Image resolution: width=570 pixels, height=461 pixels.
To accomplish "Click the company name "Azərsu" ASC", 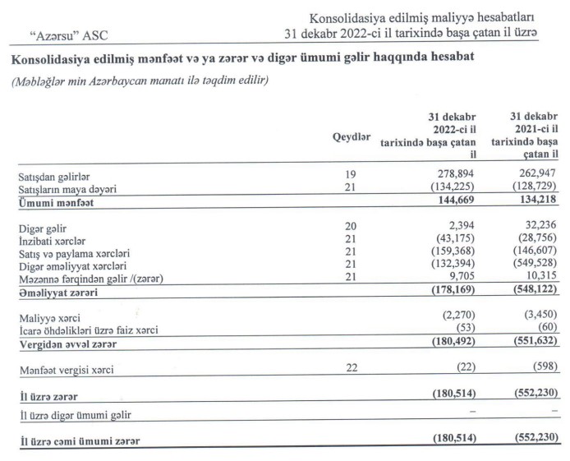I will coord(68,35).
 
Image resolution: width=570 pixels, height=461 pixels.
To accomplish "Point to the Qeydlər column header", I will coord(352,136).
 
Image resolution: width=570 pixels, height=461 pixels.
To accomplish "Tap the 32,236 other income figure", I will coord(541,227).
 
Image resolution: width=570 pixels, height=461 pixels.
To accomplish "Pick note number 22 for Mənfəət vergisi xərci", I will coord(352,369).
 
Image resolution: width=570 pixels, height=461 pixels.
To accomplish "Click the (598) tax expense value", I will coord(544,369).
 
